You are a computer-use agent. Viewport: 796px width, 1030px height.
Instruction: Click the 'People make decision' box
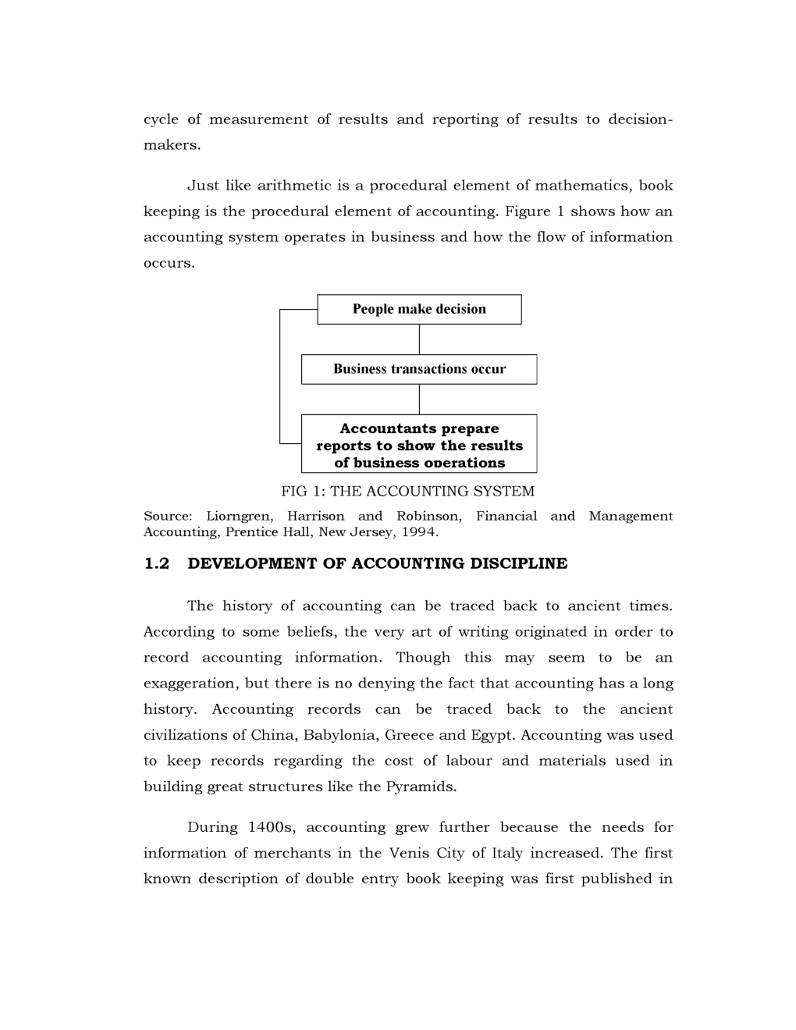tap(419, 309)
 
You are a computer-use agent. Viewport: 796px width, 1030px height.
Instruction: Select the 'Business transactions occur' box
tap(419, 369)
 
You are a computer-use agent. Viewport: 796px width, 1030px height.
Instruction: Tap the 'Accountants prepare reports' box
tap(419, 444)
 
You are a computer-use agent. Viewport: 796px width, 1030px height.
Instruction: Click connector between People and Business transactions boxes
tap(419, 339)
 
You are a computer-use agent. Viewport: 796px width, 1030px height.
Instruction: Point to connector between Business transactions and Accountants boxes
tap(419, 400)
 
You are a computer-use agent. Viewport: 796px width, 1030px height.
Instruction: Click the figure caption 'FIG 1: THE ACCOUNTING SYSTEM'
tap(407, 492)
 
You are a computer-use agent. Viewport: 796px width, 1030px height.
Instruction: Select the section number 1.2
tap(156, 563)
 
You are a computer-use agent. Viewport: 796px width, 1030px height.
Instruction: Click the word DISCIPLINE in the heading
tap(518, 563)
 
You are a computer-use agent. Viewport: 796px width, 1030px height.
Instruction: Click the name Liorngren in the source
tap(240, 516)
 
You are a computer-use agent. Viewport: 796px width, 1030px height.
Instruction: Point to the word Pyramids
tap(420, 787)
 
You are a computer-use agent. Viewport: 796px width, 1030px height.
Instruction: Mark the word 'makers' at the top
tap(169, 145)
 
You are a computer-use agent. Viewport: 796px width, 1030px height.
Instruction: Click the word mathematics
tap(581, 186)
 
